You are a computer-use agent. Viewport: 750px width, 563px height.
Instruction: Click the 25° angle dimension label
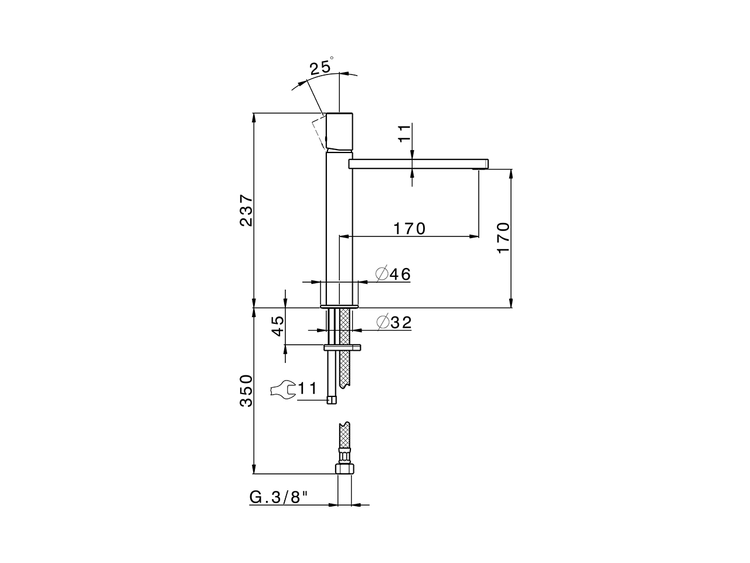[x=321, y=66]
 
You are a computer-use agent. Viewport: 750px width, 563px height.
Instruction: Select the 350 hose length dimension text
[x=246, y=391]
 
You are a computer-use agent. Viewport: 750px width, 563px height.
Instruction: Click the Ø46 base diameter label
[x=393, y=274]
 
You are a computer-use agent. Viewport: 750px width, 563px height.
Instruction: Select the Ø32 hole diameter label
[x=394, y=322]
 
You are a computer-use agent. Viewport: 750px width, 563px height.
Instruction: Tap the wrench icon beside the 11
[x=283, y=389]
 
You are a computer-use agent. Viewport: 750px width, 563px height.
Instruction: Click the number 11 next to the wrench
[x=308, y=388]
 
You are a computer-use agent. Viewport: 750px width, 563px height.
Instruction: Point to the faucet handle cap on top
[x=339, y=129]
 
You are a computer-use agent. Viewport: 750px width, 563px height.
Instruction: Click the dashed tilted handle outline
[x=319, y=131]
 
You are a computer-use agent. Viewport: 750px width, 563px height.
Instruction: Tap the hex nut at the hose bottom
[x=345, y=469]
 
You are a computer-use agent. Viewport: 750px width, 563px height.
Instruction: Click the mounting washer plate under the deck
[x=342, y=348]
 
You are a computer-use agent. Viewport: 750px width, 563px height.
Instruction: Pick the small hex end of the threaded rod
[x=332, y=399]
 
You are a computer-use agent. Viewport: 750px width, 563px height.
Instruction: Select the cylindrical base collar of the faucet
[x=339, y=294]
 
